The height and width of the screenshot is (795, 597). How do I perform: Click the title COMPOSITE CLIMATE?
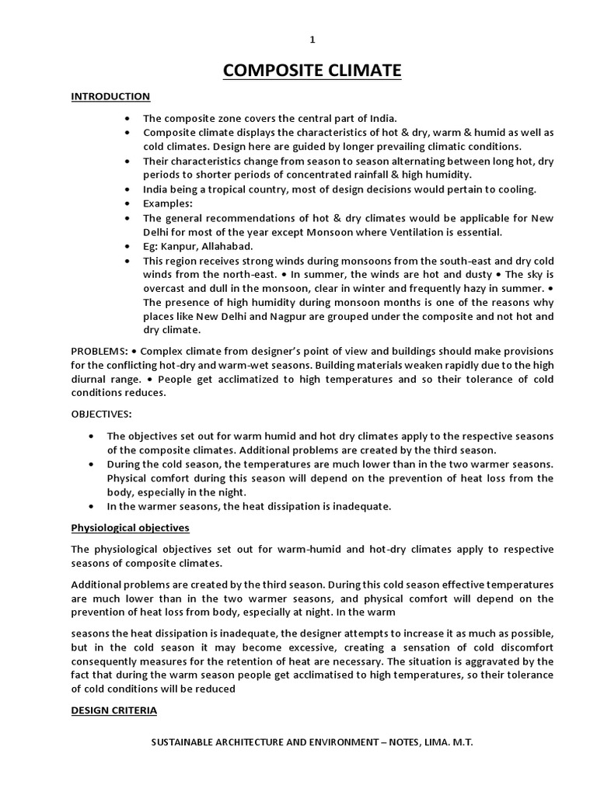pos(312,72)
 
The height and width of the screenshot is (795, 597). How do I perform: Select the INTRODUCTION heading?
pos(110,97)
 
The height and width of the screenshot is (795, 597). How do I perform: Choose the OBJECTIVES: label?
pos(102,415)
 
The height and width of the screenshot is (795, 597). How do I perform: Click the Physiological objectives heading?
pos(130,528)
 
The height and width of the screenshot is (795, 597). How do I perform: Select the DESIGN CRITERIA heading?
pos(113,710)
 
